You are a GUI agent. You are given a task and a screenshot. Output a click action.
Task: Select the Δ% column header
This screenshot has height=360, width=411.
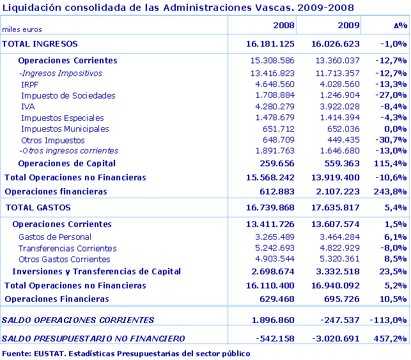coord(400,25)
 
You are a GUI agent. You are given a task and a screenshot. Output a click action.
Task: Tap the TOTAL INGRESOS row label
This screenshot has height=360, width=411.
coord(40,43)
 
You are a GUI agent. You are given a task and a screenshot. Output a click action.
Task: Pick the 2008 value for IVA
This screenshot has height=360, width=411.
coord(274,107)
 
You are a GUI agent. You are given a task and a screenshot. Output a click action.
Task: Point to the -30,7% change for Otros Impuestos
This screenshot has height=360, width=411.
coord(392,140)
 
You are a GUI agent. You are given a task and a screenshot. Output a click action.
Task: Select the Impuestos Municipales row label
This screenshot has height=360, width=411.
coord(65,129)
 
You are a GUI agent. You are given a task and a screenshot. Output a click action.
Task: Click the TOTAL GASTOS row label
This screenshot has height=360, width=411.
coord(38,208)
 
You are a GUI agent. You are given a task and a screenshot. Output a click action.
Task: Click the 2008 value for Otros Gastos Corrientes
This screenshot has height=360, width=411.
coord(274,260)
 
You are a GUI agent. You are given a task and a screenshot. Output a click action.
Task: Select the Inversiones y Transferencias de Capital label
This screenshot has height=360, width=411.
coord(97,272)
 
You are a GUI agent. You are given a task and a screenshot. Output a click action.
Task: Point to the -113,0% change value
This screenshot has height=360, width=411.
coord(389,320)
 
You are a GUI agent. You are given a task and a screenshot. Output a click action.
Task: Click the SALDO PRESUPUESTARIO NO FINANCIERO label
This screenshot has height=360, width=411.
coord(94,338)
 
